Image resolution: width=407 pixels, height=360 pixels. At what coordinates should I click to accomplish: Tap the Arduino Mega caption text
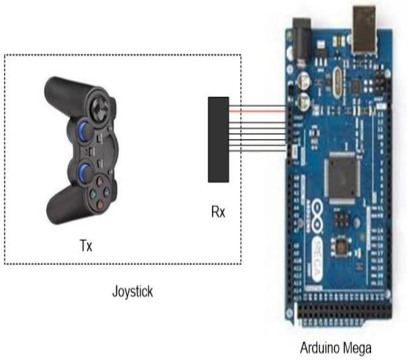click(x=335, y=349)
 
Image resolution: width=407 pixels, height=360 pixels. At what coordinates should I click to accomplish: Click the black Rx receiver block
click(x=218, y=139)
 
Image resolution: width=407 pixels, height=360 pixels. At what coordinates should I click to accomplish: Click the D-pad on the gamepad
click(x=98, y=109)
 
